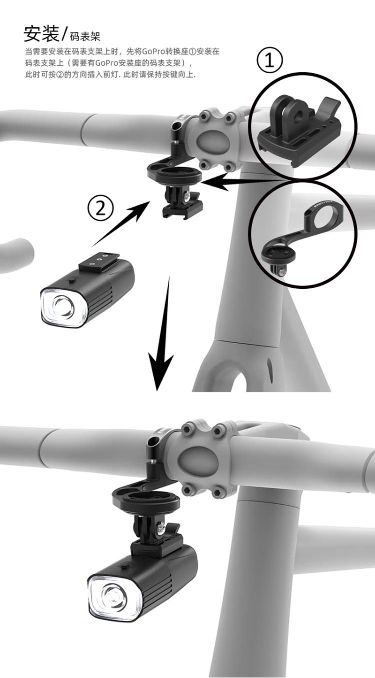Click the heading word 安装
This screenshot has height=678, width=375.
pyautogui.click(x=41, y=33)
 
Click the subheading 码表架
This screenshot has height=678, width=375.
pyautogui.click(x=85, y=37)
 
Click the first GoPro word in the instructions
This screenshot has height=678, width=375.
pyautogui.click(x=153, y=52)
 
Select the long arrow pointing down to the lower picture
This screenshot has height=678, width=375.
pyautogui.click(x=162, y=333)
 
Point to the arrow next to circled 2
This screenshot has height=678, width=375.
pyautogui.click(x=121, y=223)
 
